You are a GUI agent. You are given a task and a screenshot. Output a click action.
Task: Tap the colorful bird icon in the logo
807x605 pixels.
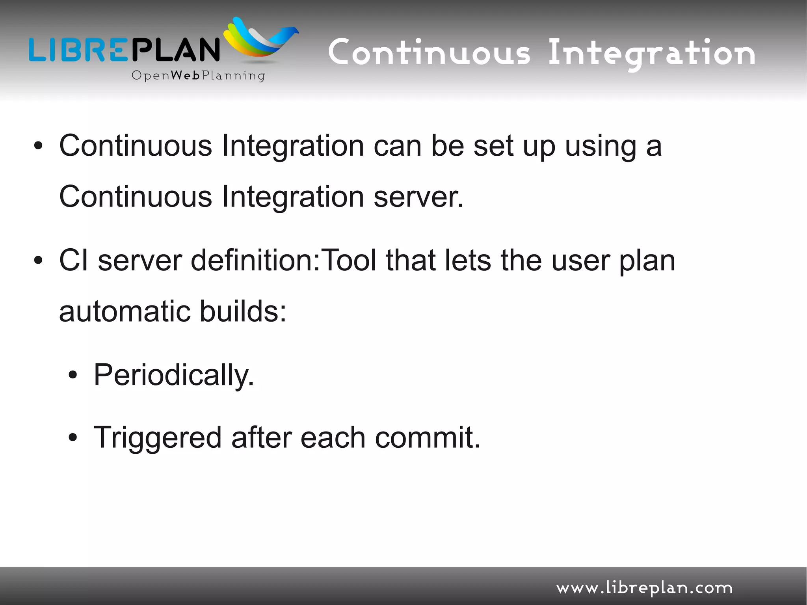260,39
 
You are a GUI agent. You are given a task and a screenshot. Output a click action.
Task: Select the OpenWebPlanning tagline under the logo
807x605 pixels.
198,76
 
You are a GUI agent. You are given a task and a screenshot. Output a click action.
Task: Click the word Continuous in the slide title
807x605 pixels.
429,53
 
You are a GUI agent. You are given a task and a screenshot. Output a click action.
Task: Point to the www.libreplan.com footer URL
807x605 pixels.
644,588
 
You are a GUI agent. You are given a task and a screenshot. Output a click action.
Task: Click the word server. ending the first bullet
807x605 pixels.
418,197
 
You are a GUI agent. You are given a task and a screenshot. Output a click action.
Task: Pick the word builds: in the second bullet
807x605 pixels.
243,311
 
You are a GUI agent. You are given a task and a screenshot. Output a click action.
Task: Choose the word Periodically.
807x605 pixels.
174,375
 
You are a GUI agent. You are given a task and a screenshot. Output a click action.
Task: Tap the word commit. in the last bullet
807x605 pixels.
428,437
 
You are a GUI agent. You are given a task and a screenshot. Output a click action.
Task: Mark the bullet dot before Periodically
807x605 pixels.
73,376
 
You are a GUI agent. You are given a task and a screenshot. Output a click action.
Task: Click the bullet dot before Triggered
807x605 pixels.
73,437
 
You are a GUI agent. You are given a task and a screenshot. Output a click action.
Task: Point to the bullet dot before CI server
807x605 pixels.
38,261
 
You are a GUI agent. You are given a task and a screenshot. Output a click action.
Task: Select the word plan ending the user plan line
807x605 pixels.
647,261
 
